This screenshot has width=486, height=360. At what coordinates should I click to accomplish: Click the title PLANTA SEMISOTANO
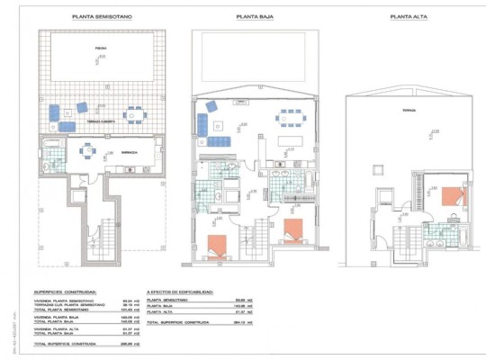[x=99, y=16]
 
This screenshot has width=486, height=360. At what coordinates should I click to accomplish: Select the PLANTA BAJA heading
[x=256, y=16]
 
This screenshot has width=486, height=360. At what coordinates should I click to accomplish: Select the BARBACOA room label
[x=130, y=153]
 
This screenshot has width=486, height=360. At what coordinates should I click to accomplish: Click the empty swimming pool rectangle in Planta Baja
[x=256, y=45]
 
